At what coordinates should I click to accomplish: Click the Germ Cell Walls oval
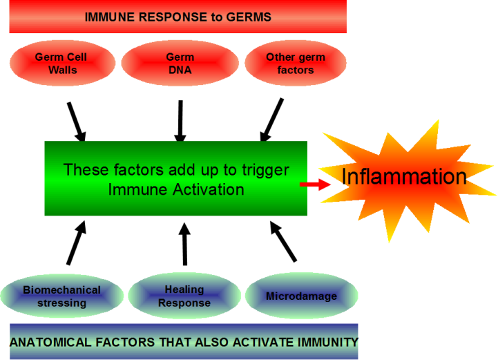point(62,63)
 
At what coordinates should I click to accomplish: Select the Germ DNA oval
point(180,63)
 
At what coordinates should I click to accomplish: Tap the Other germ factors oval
point(296,63)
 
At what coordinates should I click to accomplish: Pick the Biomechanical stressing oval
point(61,296)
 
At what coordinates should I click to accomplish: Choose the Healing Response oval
point(184,296)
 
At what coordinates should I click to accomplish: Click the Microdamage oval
point(301,296)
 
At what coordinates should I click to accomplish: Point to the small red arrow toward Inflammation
point(315,184)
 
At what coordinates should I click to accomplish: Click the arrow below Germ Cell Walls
point(77,122)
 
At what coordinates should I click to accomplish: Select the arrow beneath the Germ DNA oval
point(180,121)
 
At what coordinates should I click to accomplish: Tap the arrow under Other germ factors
point(271,120)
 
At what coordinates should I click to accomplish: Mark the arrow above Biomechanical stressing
point(77,243)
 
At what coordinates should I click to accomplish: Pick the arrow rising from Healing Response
point(184,244)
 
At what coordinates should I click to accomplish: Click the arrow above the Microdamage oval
point(283,241)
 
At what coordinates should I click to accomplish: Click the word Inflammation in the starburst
point(404,176)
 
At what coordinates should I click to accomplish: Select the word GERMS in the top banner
point(249,17)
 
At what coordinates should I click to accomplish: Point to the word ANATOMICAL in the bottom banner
point(51,342)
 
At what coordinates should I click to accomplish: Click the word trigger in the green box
point(265,170)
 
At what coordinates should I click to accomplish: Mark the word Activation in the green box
point(209,189)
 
